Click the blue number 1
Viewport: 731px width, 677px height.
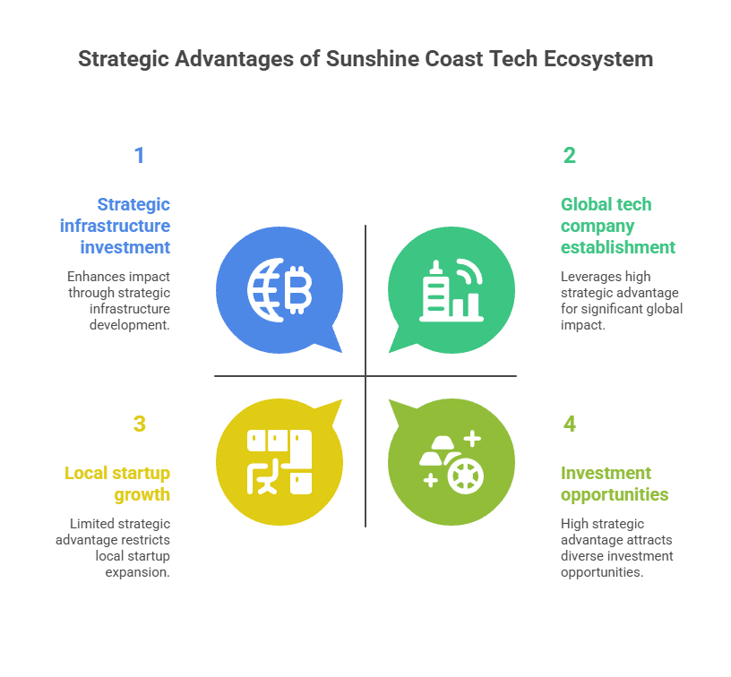[x=139, y=156]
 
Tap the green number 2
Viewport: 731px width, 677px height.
[x=570, y=156]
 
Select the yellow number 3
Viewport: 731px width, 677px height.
[x=139, y=424]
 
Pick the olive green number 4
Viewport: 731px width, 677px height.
[x=570, y=424]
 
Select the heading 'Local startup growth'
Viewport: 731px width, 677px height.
[x=117, y=484]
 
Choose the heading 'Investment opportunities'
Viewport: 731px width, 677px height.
[x=615, y=484]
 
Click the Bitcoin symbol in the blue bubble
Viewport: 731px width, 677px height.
[x=297, y=289]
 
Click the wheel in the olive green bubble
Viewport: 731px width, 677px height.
[x=465, y=475]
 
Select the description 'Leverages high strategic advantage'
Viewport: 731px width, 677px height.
[x=622, y=301]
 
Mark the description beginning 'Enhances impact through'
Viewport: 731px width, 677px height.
[x=118, y=301]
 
